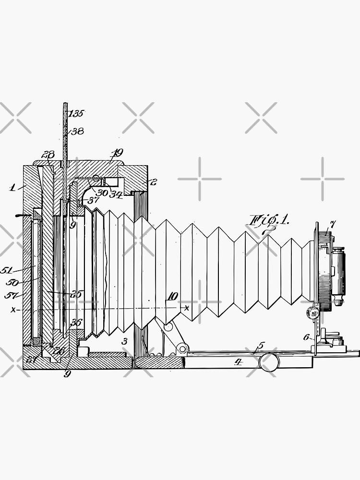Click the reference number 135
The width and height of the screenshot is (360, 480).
77,114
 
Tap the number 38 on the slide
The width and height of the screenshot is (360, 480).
77,131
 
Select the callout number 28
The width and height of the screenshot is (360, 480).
48,155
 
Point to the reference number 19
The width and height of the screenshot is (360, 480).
117,154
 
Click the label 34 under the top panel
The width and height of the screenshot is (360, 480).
116,194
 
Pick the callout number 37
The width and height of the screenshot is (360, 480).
93,200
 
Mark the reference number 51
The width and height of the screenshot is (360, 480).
7,270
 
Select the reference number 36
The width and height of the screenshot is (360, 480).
76,323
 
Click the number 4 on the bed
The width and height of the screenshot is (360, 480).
238,362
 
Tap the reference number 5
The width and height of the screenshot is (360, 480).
261,345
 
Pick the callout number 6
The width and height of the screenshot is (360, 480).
306,337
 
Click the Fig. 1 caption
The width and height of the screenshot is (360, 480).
268,221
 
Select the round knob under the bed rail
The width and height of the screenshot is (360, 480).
269,362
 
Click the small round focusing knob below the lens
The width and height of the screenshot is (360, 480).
315,313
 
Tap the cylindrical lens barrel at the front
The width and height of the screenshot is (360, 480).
339,274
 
